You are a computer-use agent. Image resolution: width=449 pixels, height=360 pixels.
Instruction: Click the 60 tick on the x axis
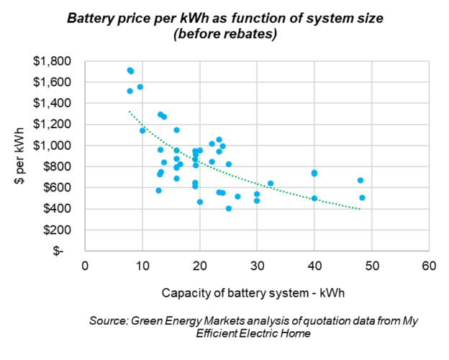coord(429,265)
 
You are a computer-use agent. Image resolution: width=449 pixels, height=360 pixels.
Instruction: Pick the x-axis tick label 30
coord(257,265)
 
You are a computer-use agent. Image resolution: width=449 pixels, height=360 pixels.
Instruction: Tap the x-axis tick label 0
coord(85,265)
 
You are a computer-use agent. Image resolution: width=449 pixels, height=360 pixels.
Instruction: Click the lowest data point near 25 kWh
coord(229,209)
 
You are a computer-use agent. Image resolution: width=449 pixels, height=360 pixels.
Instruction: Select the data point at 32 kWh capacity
coord(271,184)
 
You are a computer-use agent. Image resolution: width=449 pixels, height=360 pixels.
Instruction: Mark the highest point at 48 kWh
coord(360,181)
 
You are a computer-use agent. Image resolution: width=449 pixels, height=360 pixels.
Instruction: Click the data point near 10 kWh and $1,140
coord(142,130)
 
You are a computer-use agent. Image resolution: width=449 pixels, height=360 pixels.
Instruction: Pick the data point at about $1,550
coord(140,87)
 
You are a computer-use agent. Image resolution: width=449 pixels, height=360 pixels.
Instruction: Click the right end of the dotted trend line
coord(360,210)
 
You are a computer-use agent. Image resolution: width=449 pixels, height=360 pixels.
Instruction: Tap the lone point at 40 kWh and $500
coord(314,198)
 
